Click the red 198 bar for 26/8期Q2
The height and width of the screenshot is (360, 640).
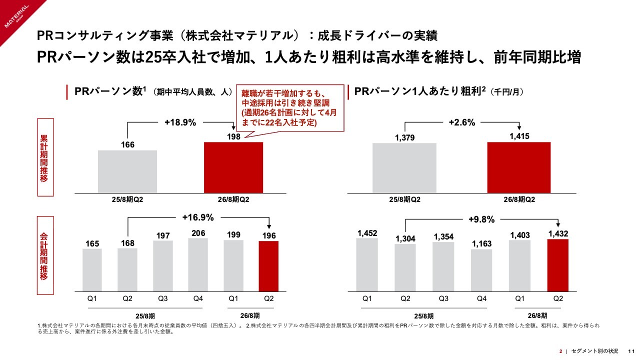point(233,167)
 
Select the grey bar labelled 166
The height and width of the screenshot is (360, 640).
point(127,171)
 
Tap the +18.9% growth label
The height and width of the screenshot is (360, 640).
point(180,121)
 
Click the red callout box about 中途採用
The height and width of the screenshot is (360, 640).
point(289,108)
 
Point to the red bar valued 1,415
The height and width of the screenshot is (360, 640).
point(518,167)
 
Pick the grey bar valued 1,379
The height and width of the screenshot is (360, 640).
point(404,168)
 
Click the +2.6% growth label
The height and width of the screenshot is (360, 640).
point(461,121)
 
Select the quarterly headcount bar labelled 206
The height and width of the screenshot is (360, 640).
point(198,264)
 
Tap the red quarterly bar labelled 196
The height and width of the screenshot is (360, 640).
point(268,266)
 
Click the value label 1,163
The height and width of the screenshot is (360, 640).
point(481,244)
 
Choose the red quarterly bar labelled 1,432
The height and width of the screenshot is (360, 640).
point(558,265)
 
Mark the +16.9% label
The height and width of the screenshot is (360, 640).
point(198,217)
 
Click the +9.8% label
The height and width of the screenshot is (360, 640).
point(481,219)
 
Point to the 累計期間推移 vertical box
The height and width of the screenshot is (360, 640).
point(44,157)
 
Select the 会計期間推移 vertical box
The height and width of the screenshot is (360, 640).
point(44,255)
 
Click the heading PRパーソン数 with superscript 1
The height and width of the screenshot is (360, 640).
point(110,92)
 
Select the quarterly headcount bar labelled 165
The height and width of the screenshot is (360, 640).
point(92,270)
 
